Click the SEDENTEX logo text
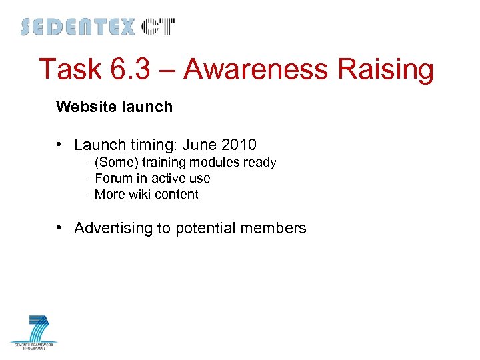point(77,27)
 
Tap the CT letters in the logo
point(158,27)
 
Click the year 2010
point(238,145)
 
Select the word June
point(198,145)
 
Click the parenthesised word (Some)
point(115,163)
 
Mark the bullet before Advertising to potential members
point(61,228)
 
